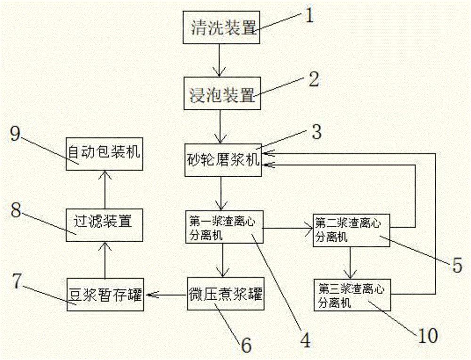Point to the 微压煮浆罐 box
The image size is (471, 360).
coord(224,295)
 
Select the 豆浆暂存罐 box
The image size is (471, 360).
coord(105,295)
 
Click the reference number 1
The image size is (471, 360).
coord(309,16)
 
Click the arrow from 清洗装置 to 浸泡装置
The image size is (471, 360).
coord(218,60)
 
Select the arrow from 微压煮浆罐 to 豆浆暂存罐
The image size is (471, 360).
coord(167,295)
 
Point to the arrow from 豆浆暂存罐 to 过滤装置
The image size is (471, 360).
coord(104,260)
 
